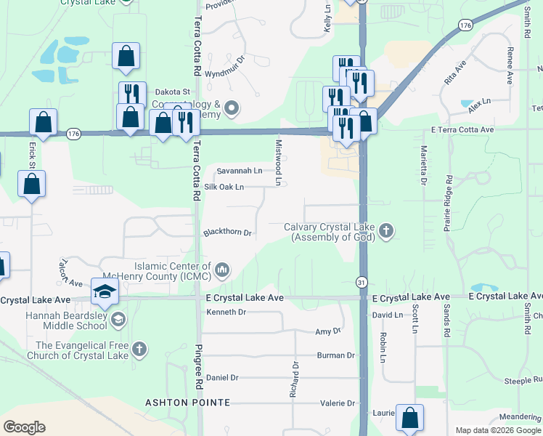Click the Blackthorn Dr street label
227,233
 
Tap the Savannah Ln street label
240,171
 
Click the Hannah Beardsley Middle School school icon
118,320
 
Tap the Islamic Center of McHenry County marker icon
222,271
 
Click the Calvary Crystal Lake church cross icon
386,232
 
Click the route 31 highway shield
362,281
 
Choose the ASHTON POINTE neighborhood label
187,403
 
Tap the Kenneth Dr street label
226,312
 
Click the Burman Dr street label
335,355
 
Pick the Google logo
25,427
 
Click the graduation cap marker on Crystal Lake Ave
105,292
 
